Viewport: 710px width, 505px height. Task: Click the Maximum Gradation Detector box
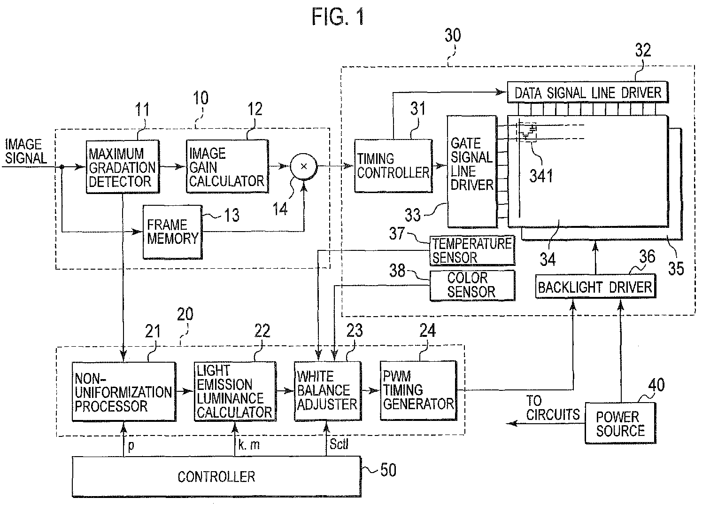[123, 167]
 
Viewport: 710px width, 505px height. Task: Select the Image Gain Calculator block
[227, 166]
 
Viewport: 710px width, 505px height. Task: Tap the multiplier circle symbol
[303, 166]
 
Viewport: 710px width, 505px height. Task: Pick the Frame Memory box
[172, 232]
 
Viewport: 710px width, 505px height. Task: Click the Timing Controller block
[393, 165]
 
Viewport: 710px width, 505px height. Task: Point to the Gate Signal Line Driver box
[471, 171]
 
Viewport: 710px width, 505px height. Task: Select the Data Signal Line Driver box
[587, 93]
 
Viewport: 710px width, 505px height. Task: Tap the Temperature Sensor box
[472, 250]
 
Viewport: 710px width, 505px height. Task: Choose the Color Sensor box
[472, 285]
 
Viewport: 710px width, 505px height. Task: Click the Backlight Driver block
[595, 287]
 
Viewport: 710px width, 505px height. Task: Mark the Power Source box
[620, 423]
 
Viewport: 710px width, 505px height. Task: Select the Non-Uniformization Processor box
[124, 392]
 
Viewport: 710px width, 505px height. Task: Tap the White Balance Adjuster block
[328, 391]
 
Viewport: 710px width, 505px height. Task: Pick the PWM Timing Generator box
[418, 390]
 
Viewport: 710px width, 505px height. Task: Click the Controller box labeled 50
[216, 476]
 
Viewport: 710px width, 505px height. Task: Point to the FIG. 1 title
[338, 16]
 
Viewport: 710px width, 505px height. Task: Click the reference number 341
[541, 176]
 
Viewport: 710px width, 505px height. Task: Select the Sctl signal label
[339, 444]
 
